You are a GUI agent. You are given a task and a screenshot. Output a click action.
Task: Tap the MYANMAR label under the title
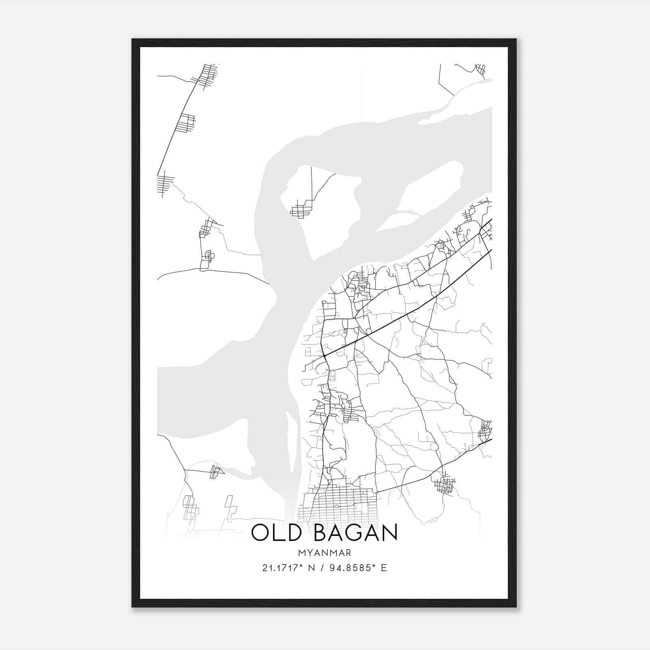pos(324,553)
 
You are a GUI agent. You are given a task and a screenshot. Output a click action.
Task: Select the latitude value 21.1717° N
pos(288,568)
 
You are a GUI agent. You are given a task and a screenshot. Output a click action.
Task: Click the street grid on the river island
pos(300,211)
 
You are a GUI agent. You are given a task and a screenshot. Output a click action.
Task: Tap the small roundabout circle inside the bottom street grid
pos(337,507)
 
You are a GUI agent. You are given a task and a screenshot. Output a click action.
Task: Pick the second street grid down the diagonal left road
pos(186,123)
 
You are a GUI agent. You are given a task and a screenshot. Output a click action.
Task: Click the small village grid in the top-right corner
pos(481,69)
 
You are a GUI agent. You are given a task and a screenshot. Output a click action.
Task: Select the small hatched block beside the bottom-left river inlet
pos(215,472)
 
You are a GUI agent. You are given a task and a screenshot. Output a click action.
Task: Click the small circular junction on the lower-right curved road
pos(434,447)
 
